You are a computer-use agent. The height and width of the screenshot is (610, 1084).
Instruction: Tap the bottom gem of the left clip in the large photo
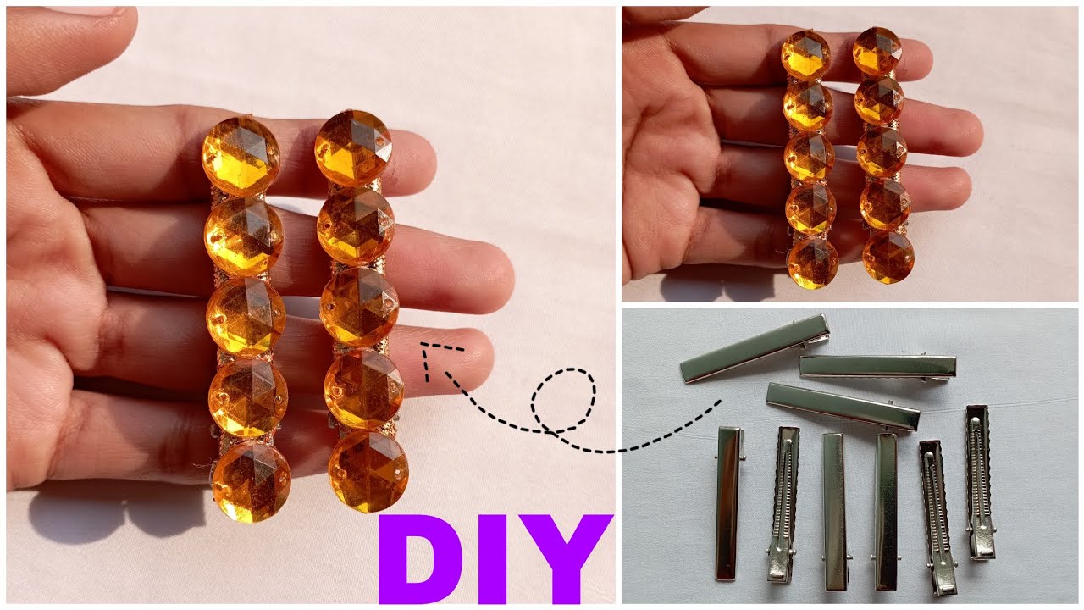[252, 480]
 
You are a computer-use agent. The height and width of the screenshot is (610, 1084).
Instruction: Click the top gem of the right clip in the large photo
[353, 147]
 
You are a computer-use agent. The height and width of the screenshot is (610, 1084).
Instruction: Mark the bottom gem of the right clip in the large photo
[368, 471]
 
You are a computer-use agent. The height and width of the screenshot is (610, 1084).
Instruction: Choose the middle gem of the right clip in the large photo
[359, 307]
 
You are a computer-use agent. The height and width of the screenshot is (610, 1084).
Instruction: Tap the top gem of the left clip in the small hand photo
[805, 56]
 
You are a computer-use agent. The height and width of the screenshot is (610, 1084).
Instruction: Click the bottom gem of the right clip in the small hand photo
[888, 257]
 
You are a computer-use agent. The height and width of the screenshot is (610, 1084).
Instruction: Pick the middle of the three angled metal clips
[878, 366]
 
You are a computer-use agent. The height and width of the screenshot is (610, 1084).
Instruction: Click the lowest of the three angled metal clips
[843, 407]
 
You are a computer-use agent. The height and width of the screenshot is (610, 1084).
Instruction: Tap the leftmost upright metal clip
[728, 503]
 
